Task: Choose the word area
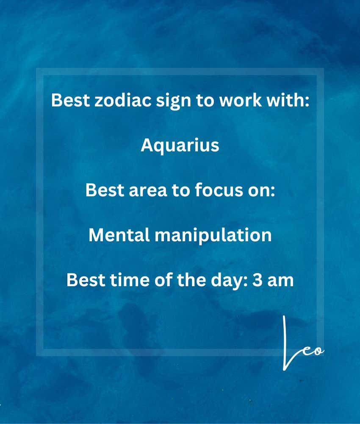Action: coord(148,190)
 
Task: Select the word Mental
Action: coord(119,235)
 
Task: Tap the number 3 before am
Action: coord(258,280)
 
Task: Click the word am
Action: coord(280,282)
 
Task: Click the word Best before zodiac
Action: coord(70,100)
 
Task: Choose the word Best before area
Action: coord(105,190)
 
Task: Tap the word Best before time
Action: coord(86,279)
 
